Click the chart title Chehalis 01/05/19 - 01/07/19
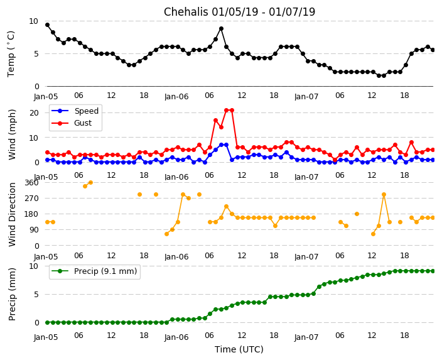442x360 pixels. (x=239, y=12)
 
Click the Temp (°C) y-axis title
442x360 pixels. (x=11, y=53)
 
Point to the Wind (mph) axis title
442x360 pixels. (x=12, y=134)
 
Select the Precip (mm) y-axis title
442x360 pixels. (x=12, y=294)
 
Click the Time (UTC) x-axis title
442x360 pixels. (x=239, y=349)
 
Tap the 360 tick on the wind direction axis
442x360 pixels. (x=31, y=183)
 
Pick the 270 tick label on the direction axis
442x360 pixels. (x=31, y=199)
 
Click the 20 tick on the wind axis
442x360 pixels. (x=35, y=112)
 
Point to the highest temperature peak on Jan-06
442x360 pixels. (x=221, y=28)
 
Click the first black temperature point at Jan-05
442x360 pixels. (x=47, y=25)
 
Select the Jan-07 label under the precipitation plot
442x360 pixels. (x=306, y=337)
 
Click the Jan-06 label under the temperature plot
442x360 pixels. (x=176, y=97)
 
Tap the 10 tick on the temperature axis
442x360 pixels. (x=33, y=21)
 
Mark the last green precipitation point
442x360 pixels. (x=433, y=271)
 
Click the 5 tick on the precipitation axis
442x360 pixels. (x=36, y=294)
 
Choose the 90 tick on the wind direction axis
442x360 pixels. (x=34, y=231)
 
